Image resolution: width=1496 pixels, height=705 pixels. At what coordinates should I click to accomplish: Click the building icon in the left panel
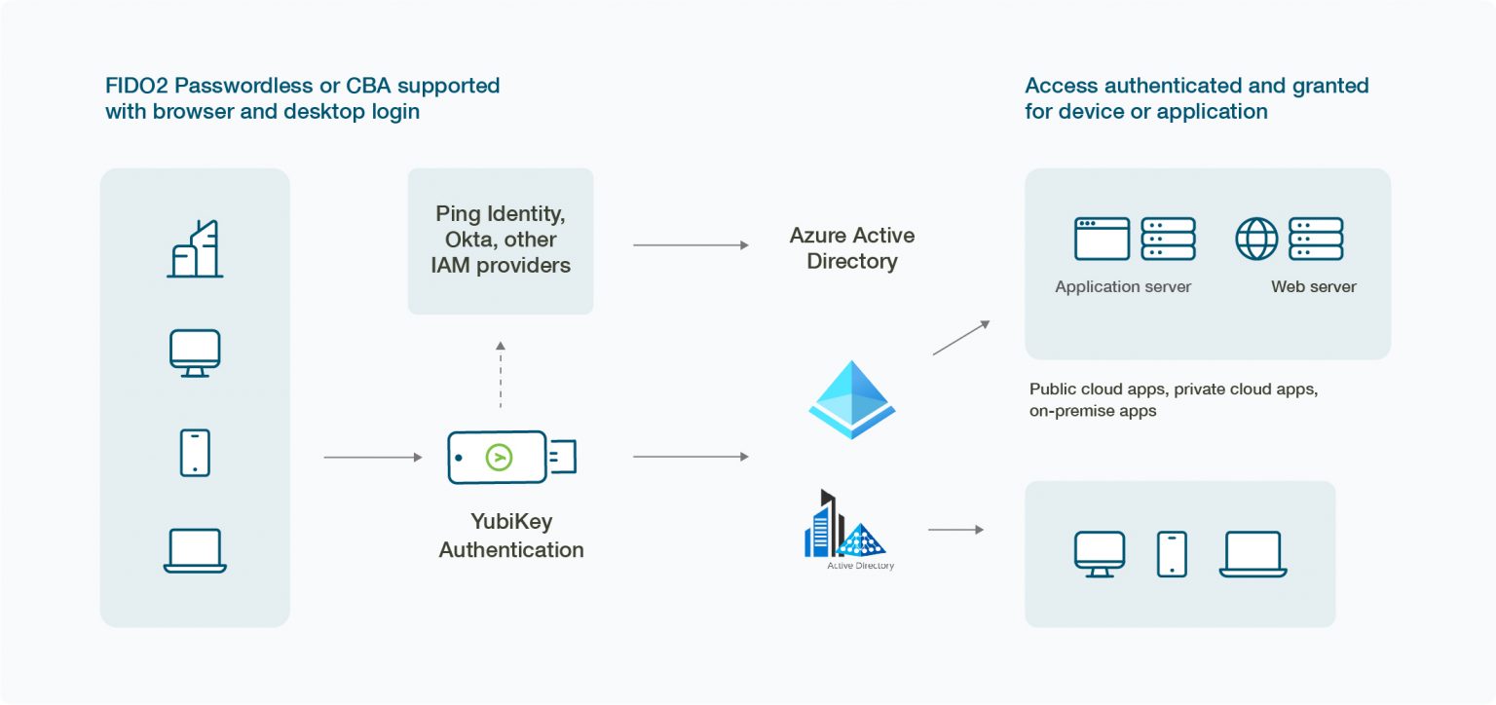pyautogui.click(x=195, y=249)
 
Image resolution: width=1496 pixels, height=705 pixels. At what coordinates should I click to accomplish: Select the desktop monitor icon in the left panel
pyautogui.click(x=195, y=352)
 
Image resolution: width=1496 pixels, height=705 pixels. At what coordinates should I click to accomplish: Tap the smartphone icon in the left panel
pyautogui.click(x=195, y=453)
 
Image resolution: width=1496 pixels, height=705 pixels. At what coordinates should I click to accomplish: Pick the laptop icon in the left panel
pyautogui.click(x=195, y=550)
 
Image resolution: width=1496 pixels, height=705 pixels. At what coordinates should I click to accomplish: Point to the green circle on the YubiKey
pyautogui.click(x=499, y=457)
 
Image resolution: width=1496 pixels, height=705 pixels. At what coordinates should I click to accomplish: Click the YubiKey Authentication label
pyautogui.click(x=511, y=536)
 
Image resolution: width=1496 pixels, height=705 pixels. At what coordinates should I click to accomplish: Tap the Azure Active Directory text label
pyautogui.click(x=852, y=248)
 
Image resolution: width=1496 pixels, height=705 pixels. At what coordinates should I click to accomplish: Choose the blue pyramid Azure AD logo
pyautogui.click(x=852, y=400)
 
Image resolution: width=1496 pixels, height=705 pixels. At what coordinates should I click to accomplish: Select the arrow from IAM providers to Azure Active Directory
pyautogui.click(x=691, y=245)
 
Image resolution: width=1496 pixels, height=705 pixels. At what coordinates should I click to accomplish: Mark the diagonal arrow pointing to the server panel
pyautogui.click(x=960, y=337)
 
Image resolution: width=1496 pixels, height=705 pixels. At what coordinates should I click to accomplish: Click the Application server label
pyautogui.click(x=1123, y=287)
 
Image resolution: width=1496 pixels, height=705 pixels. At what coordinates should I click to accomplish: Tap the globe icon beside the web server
pyautogui.click(x=1256, y=239)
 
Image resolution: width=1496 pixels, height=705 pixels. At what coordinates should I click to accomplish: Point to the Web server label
pyautogui.click(x=1313, y=287)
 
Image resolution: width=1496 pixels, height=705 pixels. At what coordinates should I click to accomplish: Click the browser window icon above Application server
pyautogui.click(x=1102, y=239)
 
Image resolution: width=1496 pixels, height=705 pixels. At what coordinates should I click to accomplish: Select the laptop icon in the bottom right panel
pyautogui.click(x=1253, y=554)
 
